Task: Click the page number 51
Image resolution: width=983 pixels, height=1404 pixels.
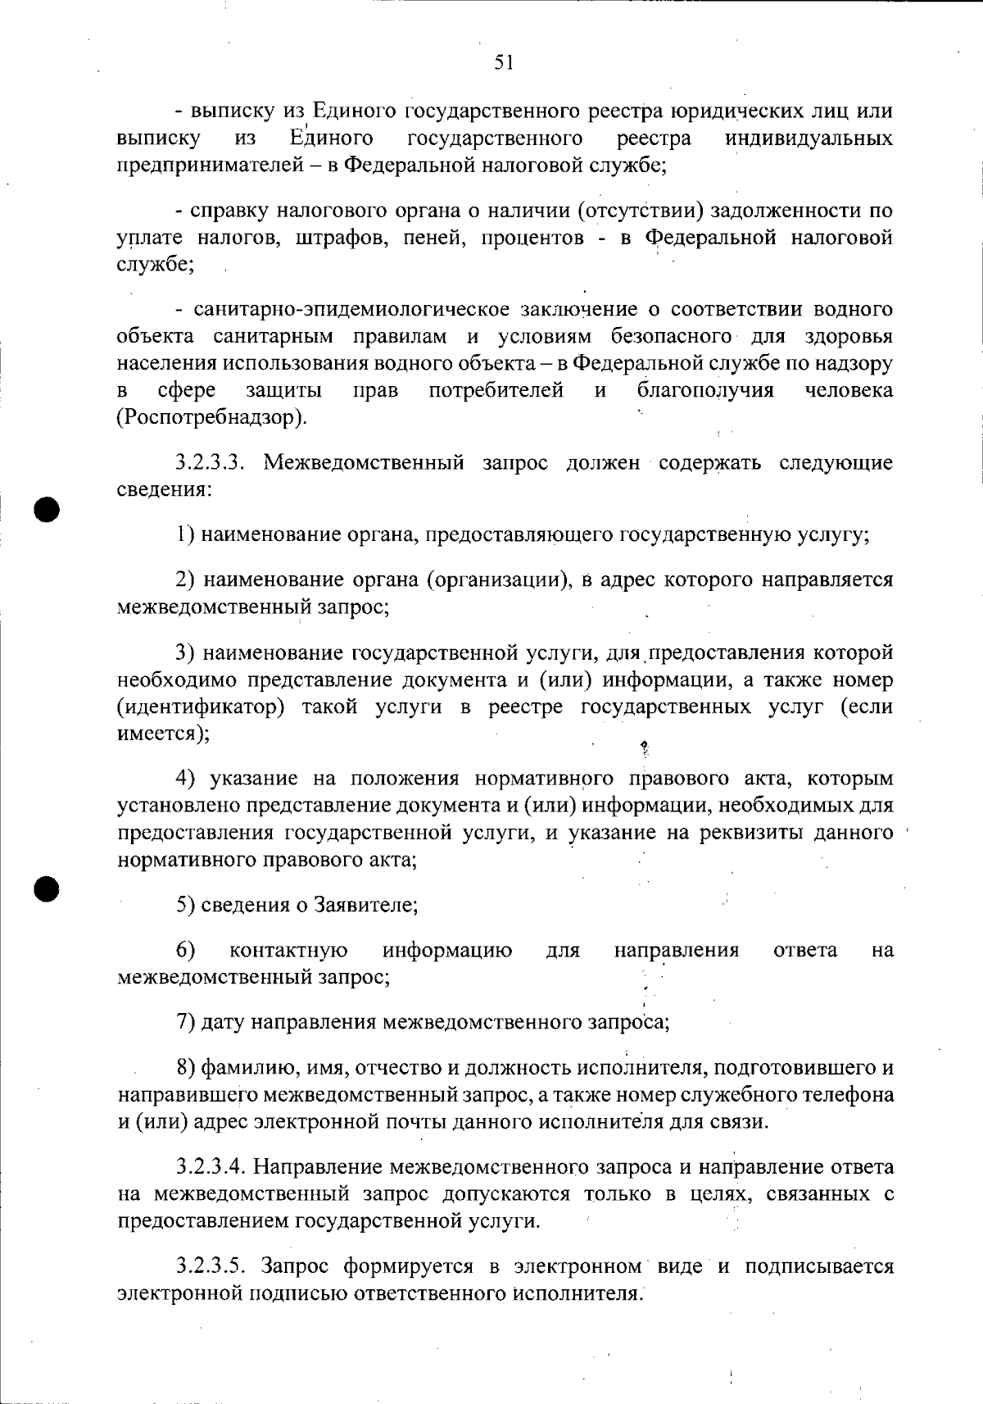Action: pyautogui.click(x=504, y=62)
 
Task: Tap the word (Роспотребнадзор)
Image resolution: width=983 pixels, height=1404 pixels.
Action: pyautogui.click(x=213, y=417)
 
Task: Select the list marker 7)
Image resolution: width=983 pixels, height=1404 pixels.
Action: pyautogui.click(x=185, y=1022)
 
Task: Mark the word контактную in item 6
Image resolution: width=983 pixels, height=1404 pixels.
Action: pyautogui.click(x=288, y=950)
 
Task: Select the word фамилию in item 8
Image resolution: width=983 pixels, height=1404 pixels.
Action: pyautogui.click(x=241, y=1068)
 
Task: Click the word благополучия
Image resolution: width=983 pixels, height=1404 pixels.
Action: pyautogui.click(x=705, y=390)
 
